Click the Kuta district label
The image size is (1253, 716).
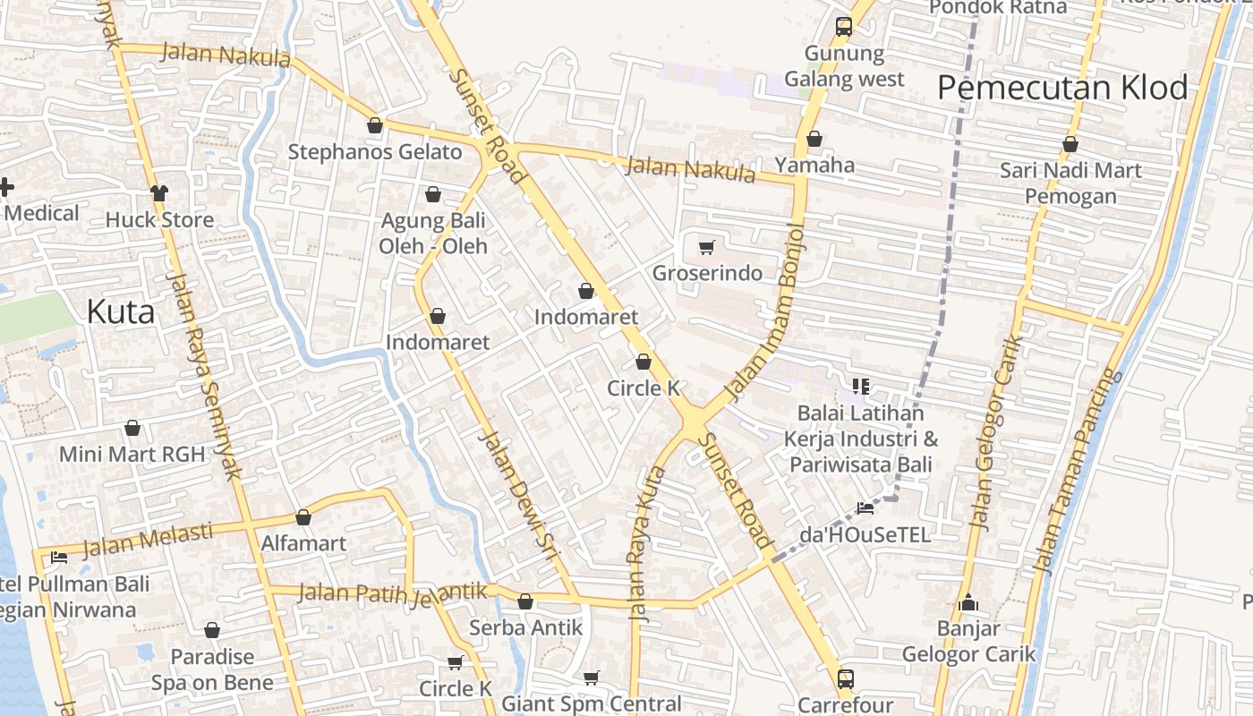[121, 311]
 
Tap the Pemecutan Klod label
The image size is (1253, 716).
[1062, 89]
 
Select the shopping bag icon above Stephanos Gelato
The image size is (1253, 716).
[375, 125]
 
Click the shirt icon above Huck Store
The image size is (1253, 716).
[159, 192]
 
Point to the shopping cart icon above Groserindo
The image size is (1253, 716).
[707, 247]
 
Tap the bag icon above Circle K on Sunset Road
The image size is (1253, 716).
[643, 362]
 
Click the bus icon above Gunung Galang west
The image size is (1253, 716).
[843, 27]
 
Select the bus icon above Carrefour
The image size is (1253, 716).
[846, 678]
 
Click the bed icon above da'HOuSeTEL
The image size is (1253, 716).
[865, 508]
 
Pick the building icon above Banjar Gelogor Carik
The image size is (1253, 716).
[967, 603]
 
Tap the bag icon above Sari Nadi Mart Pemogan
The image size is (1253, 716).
[1070, 143]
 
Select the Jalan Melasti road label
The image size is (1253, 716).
[147, 539]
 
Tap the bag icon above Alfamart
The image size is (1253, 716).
[303, 517]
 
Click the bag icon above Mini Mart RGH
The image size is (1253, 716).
[132, 428]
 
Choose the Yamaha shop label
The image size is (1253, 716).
[814, 165]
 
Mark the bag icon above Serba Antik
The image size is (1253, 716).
[525, 601]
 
